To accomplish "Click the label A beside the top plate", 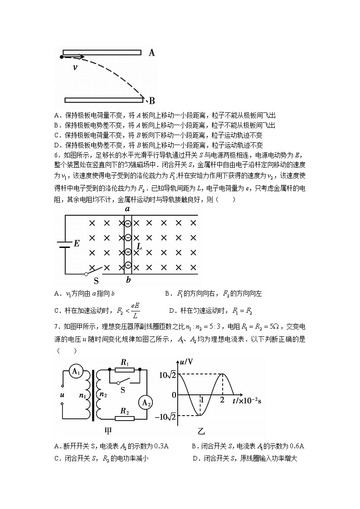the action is click(152, 53).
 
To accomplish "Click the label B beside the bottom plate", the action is click(152, 101).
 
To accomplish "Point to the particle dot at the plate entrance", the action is click(62, 57).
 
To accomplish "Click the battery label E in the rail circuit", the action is click(76, 243).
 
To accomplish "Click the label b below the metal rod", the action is click(128, 280).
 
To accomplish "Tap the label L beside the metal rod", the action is click(139, 247).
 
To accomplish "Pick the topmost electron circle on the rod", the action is click(128, 223).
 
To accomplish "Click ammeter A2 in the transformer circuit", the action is click(145, 403).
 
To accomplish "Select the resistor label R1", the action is click(125, 362).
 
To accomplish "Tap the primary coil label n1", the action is click(83, 395).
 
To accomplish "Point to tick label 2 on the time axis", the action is click(222, 400).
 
